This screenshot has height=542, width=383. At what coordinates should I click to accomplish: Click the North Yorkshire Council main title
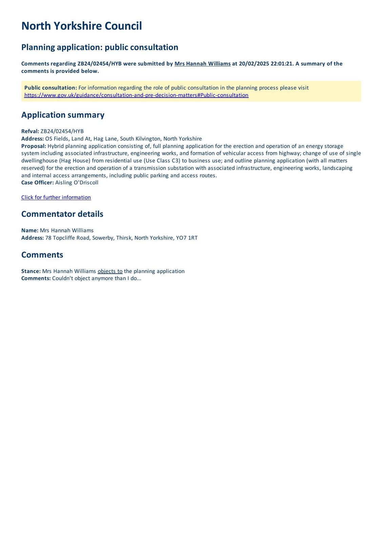[81, 26]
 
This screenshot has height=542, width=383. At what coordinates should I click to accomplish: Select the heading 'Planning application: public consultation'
[100, 47]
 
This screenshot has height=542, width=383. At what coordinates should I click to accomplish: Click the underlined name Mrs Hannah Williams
[202, 64]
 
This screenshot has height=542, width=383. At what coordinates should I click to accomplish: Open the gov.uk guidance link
[136, 95]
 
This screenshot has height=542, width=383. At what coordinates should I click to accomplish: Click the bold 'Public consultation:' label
[51, 88]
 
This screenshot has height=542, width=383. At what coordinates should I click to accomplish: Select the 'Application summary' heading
[63, 115]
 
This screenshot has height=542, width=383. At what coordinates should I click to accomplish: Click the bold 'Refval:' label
[30, 131]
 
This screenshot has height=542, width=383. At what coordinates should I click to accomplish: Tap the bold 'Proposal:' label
[34, 146]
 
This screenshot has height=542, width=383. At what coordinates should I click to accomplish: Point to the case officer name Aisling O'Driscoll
[77, 183]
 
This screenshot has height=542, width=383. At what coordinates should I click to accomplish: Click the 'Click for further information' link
[56, 197]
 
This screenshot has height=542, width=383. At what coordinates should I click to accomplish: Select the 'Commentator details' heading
[62, 214]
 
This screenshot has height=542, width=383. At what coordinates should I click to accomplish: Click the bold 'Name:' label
[30, 230]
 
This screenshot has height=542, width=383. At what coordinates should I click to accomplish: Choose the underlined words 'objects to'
[110, 271]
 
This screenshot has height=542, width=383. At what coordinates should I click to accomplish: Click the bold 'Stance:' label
[31, 271]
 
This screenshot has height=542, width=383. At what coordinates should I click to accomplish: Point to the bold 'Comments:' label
[36, 278]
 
